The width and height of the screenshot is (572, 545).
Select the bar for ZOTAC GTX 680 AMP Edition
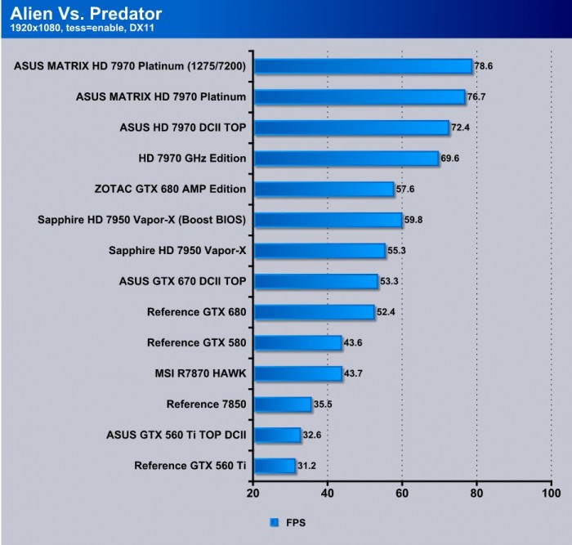click(324, 190)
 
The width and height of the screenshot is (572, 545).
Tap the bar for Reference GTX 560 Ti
click(274, 466)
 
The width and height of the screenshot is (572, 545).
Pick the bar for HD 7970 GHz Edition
click(346, 159)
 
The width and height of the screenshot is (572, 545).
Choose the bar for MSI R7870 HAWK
click(297, 373)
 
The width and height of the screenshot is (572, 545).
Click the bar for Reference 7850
click(282, 404)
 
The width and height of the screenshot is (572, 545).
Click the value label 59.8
click(415, 219)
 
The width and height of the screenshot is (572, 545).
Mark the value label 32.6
click(313, 435)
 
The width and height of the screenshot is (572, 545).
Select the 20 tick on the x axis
click(252, 494)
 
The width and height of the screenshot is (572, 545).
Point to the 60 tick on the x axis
click(402, 494)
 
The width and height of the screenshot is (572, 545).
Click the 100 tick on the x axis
click(552, 494)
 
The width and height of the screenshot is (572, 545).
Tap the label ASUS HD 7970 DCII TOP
click(182, 127)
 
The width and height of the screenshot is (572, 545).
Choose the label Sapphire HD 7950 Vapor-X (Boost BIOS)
click(141, 220)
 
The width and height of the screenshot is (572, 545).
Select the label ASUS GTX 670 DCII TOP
click(182, 281)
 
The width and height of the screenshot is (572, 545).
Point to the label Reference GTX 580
click(196, 342)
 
